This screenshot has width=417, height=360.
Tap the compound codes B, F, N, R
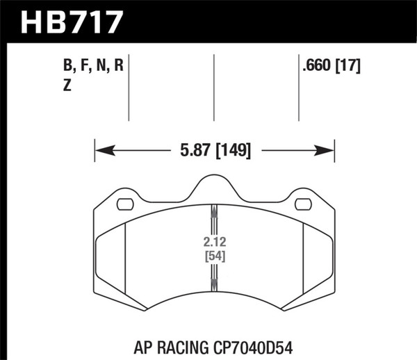(93, 67)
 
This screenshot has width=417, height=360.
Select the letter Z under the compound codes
(67, 85)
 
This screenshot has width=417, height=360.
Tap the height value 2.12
(213, 243)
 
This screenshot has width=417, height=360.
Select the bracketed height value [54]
(213, 255)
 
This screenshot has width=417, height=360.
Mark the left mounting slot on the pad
(125, 204)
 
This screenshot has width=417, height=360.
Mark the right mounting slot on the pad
(304, 204)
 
